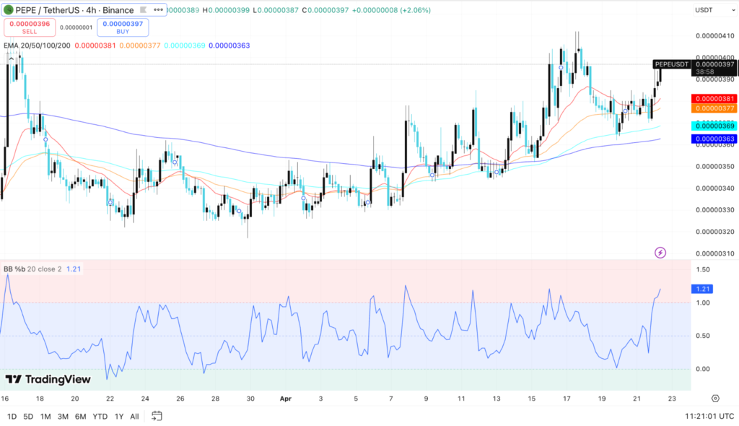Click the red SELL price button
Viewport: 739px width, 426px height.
[29, 27]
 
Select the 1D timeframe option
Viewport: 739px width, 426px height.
[12, 416]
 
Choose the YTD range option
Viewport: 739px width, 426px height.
[100, 416]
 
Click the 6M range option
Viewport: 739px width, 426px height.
[81, 416]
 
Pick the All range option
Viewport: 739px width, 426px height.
[134, 416]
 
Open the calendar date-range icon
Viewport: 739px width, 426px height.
[157, 416]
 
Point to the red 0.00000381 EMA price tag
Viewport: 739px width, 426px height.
[713, 99]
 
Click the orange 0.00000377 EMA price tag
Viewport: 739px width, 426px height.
[713, 108]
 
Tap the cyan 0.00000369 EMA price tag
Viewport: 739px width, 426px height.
[713, 126]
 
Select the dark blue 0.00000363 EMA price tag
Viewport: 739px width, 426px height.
[713, 138]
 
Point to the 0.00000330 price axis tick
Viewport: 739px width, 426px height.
[713, 210]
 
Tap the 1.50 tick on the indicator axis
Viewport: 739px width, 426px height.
[703, 269]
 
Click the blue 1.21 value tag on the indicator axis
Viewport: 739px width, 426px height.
[701, 289]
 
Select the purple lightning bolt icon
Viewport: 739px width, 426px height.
[660, 252]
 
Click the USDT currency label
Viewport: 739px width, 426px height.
[704, 10]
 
